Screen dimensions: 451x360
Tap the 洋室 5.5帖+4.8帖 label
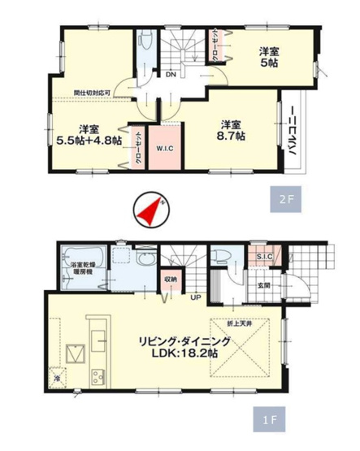click(89, 134)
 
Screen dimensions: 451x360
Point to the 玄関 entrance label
click(264, 284)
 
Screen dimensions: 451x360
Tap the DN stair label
click(171, 76)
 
